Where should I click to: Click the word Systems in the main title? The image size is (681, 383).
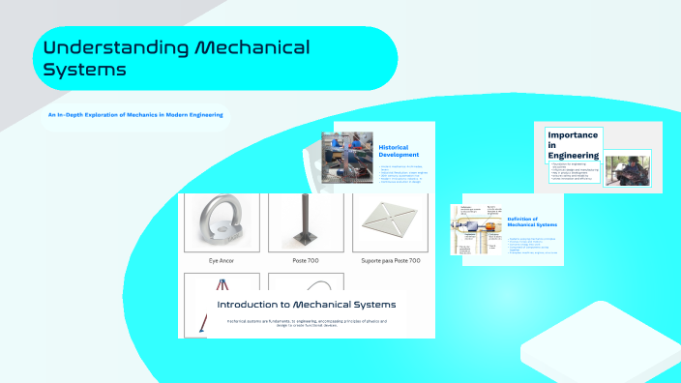click(85, 70)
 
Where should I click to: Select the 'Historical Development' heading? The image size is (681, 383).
click(400, 151)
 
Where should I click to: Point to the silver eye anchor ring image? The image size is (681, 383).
click(222, 223)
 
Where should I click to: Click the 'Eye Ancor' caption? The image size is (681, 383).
click(222, 261)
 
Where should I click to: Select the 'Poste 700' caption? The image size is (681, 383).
click(306, 261)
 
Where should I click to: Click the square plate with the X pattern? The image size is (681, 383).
click(392, 221)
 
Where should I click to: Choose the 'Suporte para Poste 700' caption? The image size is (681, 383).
click(392, 261)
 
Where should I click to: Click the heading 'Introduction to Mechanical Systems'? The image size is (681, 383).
click(306, 305)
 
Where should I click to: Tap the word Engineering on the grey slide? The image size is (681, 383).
click(573, 155)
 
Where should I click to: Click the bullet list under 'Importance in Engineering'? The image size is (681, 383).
click(573, 174)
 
